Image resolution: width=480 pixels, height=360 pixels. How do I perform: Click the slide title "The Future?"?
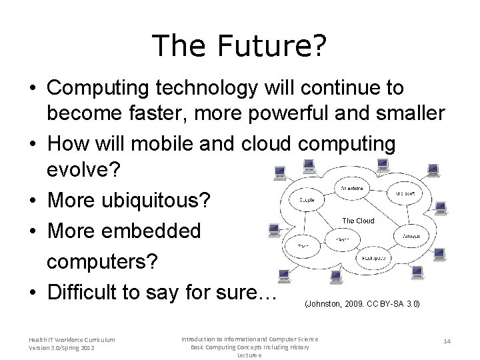click(x=239, y=46)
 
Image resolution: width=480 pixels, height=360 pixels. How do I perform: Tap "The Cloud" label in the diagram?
click(x=358, y=221)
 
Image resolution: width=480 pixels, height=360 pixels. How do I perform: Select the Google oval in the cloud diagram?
click(x=307, y=200)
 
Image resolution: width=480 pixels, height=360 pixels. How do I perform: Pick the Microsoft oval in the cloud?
click(x=405, y=195)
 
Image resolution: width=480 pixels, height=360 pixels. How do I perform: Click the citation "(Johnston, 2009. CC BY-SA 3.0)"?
click(x=362, y=304)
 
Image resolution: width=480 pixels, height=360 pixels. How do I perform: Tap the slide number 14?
click(x=448, y=341)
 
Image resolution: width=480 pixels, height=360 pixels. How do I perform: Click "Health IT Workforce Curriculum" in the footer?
click(x=71, y=340)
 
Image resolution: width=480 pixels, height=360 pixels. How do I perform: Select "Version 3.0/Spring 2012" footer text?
click(x=61, y=348)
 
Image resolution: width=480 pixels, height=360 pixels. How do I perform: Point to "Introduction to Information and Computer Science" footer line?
click(x=249, y=339)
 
